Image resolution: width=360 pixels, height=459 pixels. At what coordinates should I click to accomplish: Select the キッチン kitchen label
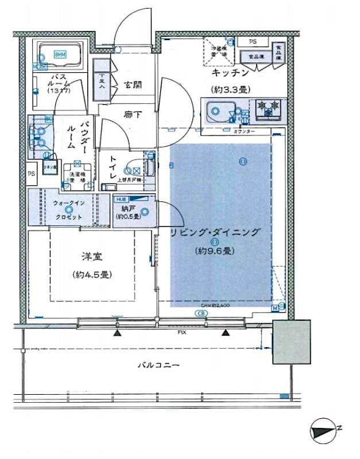point(230,73)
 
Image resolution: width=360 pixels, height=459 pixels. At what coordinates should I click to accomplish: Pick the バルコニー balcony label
point(159,365)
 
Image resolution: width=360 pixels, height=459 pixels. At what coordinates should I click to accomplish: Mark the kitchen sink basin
point(219,110)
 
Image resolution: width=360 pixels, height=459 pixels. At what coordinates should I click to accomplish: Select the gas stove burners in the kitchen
point(269,108)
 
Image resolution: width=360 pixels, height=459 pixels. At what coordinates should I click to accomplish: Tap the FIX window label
point(182,332)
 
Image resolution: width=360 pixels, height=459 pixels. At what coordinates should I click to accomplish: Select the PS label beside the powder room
point(31,173)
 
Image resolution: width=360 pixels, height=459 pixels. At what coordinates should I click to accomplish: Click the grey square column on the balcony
point(291,342)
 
